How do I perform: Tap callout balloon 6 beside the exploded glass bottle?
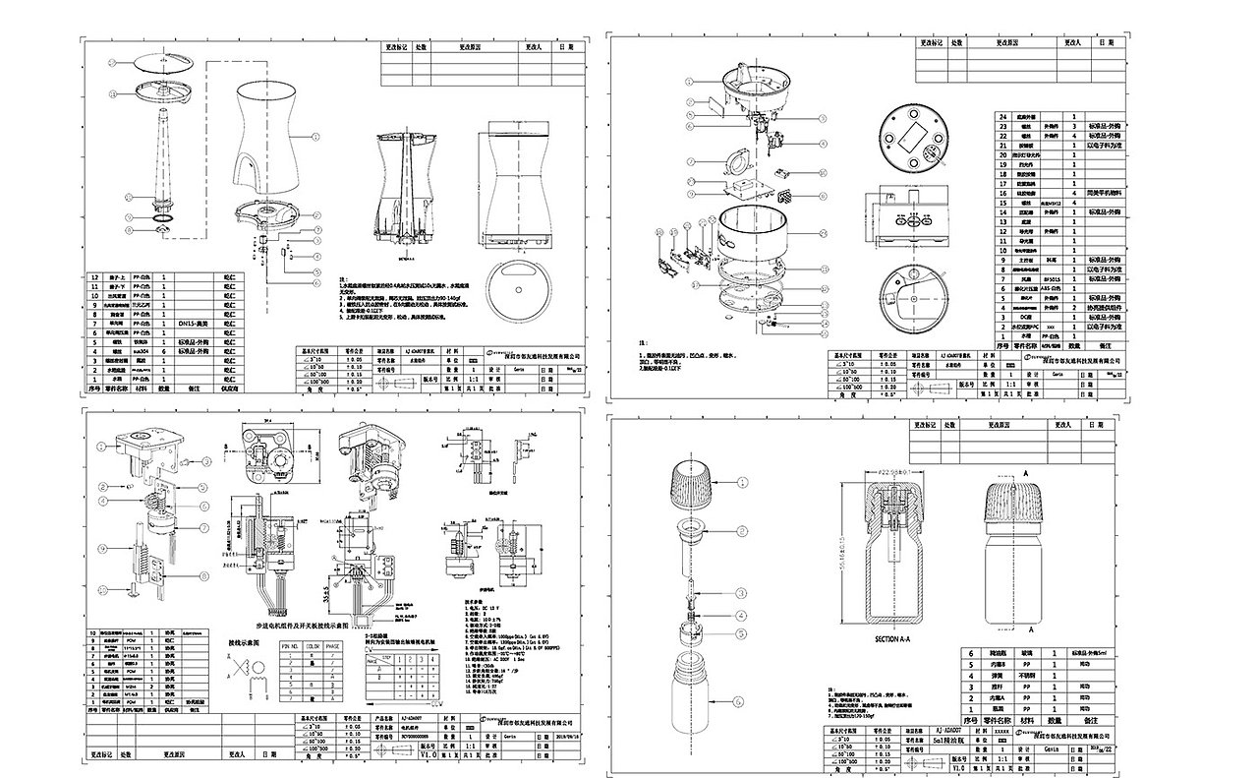pyautogui.click(x=742, y=701)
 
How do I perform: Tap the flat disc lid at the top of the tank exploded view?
pyautogui.click(x=162, y=62)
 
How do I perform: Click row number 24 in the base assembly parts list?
pyautogui.click(x=1003, y=116)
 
